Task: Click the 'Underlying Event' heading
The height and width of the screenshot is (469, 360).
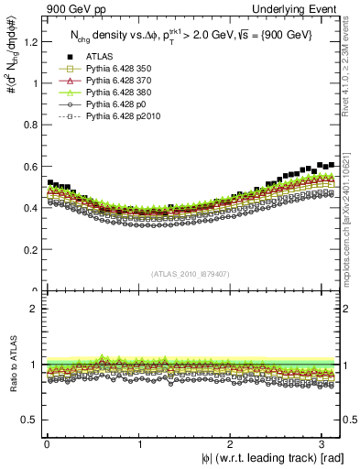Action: (x=295, y=8)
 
